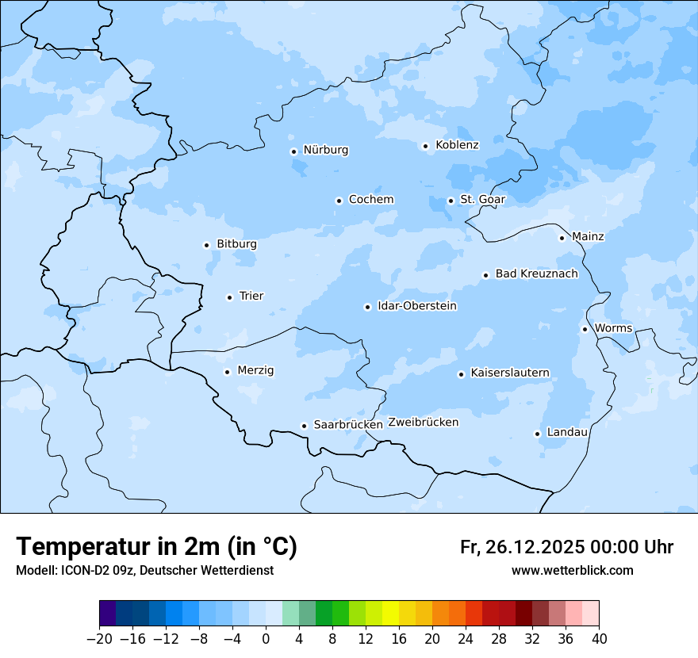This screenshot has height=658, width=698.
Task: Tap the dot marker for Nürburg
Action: click(293, 151)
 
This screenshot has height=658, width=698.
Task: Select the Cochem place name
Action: click(371, 200)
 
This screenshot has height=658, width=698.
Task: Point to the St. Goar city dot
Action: click(451, 201)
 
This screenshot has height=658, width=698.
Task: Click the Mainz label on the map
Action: click(588, 236)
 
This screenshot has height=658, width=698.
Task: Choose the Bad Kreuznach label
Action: click(536, 274)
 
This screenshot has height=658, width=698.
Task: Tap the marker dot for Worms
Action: click(585, 329)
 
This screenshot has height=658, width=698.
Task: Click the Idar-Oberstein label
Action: click(416, 306)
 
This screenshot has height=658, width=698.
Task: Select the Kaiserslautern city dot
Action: click(461, 374)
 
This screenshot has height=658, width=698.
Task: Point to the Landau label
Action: click(567, 432)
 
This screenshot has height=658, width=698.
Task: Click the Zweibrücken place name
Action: click(423, 423)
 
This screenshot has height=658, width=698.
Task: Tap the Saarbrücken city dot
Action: click(304, 426)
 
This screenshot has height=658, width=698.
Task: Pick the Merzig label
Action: click(255, 370)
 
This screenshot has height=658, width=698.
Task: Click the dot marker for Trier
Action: click(229, 297)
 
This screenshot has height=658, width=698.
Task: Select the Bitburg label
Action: click(236, 244)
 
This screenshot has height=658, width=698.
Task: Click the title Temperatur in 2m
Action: click(156, 546)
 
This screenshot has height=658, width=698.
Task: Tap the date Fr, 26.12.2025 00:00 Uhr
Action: click(566, 547)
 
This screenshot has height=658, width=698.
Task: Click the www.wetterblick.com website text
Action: click(572, 570)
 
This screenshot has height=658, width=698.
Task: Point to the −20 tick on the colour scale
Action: click(99, 638)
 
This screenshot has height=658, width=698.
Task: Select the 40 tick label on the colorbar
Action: click(599, 638)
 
